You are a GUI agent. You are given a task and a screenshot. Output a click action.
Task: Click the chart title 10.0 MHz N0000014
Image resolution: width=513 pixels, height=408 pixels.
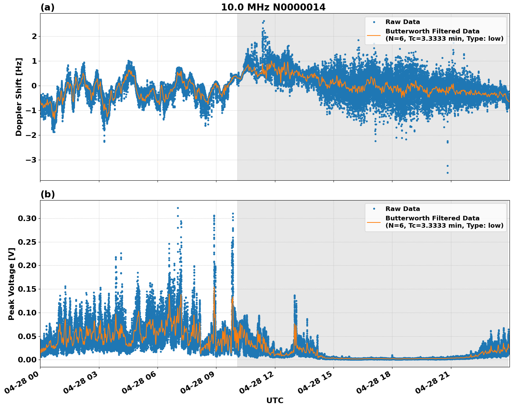point(273,7)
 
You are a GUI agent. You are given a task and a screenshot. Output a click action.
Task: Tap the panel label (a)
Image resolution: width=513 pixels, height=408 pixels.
point(47,7)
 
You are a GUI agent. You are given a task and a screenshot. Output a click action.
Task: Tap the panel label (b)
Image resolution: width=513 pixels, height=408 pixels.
point(47,194)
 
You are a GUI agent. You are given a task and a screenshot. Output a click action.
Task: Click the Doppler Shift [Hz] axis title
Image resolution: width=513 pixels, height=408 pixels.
point(19,97)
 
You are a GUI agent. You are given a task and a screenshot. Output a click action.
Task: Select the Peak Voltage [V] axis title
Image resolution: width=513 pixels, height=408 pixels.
point(12,284)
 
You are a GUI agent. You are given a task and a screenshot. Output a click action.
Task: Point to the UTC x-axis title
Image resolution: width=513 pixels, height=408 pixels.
point(275,400)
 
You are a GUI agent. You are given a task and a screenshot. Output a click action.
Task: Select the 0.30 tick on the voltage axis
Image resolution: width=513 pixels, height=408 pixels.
point(27,219)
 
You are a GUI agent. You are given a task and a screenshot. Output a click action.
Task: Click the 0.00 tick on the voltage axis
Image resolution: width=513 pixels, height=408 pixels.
point(27,360)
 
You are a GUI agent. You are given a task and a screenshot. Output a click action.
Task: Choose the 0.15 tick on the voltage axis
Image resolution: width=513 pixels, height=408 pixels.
point(27,289)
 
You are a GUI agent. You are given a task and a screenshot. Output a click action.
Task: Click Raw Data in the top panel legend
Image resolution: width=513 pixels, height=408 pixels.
point(403,22)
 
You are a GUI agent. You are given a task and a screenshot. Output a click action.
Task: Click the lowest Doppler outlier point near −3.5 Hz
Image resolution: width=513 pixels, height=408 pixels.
point(447,173)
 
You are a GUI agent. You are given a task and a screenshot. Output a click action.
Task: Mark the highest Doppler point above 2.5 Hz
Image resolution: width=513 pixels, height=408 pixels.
point(264,21)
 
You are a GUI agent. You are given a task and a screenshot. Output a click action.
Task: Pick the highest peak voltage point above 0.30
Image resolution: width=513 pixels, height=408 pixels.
point(178,208)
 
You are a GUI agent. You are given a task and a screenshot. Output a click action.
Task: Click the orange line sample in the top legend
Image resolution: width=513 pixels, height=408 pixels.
point(374,35)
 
